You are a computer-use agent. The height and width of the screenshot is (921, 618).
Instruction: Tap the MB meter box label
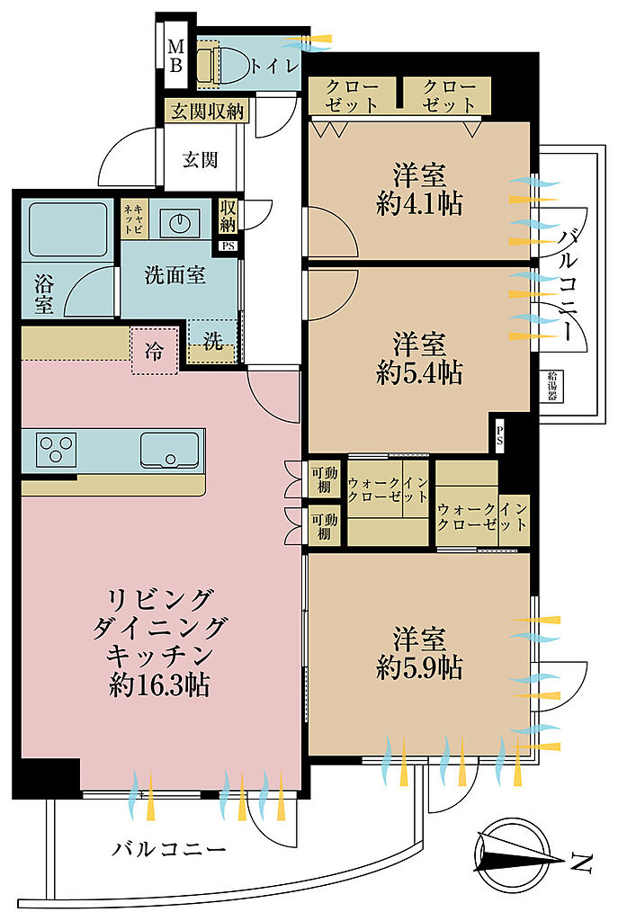click(176, 55)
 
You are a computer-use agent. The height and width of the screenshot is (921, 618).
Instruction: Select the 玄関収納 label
click(208, 111)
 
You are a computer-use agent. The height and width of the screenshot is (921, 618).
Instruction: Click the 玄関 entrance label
click(201, 159)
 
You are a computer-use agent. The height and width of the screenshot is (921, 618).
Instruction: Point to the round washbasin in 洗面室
click(179, 221)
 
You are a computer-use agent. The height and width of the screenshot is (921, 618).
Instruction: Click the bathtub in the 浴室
click(68, 229)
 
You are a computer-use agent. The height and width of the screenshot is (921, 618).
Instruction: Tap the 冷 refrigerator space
click(154, 352)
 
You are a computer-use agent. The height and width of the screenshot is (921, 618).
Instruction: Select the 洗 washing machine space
click(212, 341)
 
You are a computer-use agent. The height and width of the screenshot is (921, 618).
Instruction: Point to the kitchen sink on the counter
click(169, 450)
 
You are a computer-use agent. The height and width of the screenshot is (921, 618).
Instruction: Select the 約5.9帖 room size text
click(419, 667)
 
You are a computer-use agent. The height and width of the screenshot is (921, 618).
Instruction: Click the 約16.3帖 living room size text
click(159, 684)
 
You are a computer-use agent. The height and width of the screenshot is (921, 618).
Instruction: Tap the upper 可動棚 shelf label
click(324, 480)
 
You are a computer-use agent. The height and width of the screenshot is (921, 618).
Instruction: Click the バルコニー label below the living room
click(169, 849)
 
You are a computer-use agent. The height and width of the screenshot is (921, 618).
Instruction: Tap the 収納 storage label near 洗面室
click(228, 216)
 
